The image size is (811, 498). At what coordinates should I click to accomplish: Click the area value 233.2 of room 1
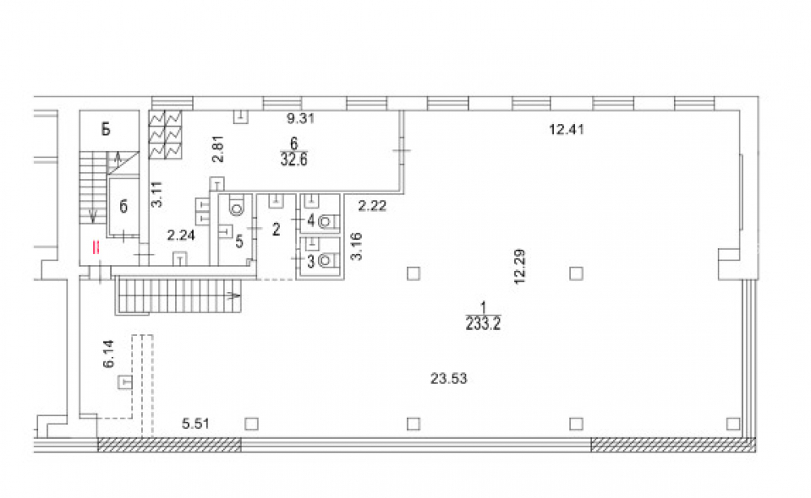coord(483,324)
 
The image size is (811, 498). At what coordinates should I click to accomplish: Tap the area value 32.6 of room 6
coord(294,159)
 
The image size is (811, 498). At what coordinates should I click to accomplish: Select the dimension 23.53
coord(448,379)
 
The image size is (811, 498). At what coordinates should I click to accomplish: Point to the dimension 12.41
coord(566,129)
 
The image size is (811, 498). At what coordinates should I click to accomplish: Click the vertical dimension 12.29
coord(520,267)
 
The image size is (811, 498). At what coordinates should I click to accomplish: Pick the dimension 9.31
coord(301,118)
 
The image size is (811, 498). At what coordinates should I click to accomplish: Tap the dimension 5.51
coord(195,424)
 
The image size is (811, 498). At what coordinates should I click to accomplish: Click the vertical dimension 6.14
coord(109,354)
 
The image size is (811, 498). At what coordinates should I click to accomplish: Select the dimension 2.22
coord(372,206)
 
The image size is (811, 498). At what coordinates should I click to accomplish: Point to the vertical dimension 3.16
coord(356,247)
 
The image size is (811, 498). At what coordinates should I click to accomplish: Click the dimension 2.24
coord(181,235)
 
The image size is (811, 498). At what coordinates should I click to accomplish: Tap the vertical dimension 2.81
coord(218,149)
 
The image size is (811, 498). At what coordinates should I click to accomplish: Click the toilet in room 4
coord(326,222)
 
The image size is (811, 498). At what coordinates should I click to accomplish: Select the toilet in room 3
coord(326,260)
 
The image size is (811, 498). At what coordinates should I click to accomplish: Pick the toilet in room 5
coord(237,206)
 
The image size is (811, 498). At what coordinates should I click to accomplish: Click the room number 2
coord(277,229)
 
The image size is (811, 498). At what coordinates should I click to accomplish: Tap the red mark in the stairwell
coord(95,247)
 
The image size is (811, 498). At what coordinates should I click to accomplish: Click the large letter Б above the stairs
coord(106,129)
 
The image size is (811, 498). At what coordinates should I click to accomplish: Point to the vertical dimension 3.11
coord(157,195)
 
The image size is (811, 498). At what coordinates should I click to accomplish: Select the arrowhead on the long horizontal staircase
coord(235,296)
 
